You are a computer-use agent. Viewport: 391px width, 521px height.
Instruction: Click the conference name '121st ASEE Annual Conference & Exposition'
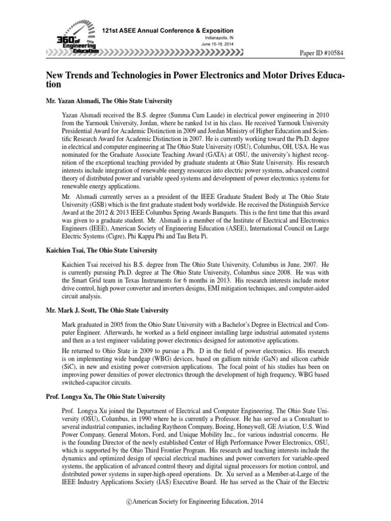[x=168, y=31]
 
